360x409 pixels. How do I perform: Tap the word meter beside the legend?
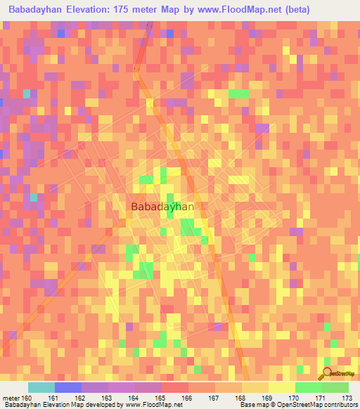[10, 398]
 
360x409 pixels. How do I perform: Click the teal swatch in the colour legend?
[41, 387]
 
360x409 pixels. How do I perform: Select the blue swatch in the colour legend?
[68, 387]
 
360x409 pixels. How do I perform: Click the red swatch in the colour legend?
[175, 387]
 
